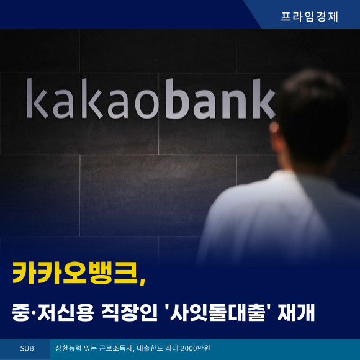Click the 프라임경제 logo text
point(309,17)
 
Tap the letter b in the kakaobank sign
point(178,99)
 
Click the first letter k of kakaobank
point(37,98)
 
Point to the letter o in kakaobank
point(147,104)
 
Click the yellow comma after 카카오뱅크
point(142,281)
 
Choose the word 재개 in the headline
point(296,312)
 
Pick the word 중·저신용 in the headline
point(53,312)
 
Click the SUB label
point(27,349)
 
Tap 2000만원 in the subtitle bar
point(196,349)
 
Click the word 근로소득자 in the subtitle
point(116,349)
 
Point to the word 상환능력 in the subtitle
point(68,349)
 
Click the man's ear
point(274,128)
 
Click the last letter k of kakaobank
point(264,99)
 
